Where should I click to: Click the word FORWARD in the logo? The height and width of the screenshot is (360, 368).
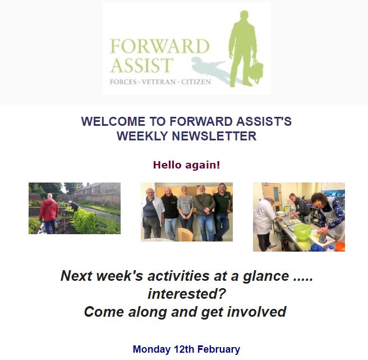[159, 46]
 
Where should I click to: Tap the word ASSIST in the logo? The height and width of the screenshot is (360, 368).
[142, 65]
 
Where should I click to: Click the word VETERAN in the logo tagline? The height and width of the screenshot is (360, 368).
[159, 82]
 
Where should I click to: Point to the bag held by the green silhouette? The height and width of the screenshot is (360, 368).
[256, 70]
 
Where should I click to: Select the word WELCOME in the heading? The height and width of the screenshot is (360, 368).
[113, 121]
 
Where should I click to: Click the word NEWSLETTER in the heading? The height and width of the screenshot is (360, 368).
[214, 136]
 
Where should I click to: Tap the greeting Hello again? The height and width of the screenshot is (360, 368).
[187, 165]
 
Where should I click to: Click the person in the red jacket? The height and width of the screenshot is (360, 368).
[49, 213]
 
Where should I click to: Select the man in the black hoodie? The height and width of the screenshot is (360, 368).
[170, 213]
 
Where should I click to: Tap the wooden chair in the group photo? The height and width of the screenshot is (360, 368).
[186, 235]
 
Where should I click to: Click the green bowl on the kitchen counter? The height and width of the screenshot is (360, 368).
[302, 232]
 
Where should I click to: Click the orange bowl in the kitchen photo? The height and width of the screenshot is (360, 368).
[341, 247]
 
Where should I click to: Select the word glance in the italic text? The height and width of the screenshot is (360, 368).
[266, 276]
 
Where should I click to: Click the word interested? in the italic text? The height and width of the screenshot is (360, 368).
[187, 294]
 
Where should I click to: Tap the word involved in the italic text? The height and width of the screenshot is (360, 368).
[256, 312]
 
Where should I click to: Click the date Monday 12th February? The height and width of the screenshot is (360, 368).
[186, 349]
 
